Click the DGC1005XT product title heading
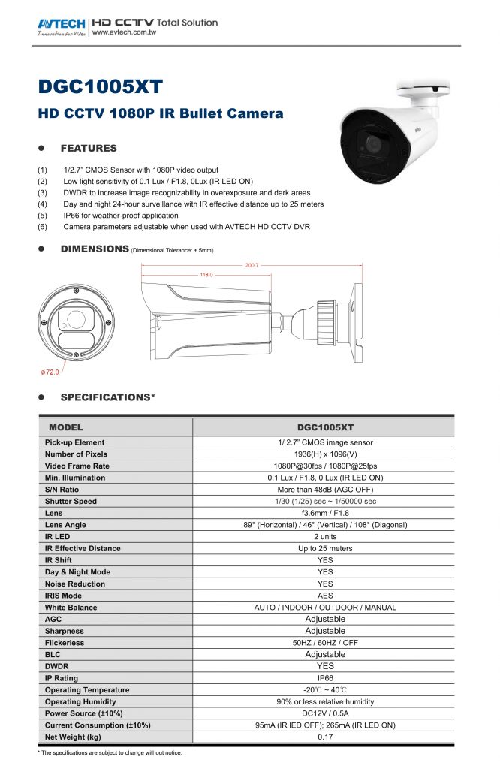pyautogui.click(x=100, y=86)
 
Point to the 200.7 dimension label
pyautogui.click(x=252, y=265)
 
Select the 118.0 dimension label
pyautogui.click(x=205, y=275)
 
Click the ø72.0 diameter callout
pyautogui.click(x=50, y=372)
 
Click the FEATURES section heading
pyautogui.click(x=89, y=148)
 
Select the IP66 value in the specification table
pyautogui.click(x=325, y=677)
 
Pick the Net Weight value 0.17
pyautogui.click(x=325, y=737)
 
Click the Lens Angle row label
pyautogui.click(x=65, y=524)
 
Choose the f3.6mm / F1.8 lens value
pyautogui.click(x=325, y=513)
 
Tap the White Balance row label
pyautogui.click(x=71, y=607)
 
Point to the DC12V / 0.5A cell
pyautogui.click(x=325, y=713)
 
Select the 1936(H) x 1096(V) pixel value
pyautogui.click(x=325, y=454)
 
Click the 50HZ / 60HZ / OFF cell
pyautogui.click(x=325, y=643)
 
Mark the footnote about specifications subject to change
pyautogui.click(x=110, y=752)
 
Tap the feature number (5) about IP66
pyautogui.click(x=42, y=216)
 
